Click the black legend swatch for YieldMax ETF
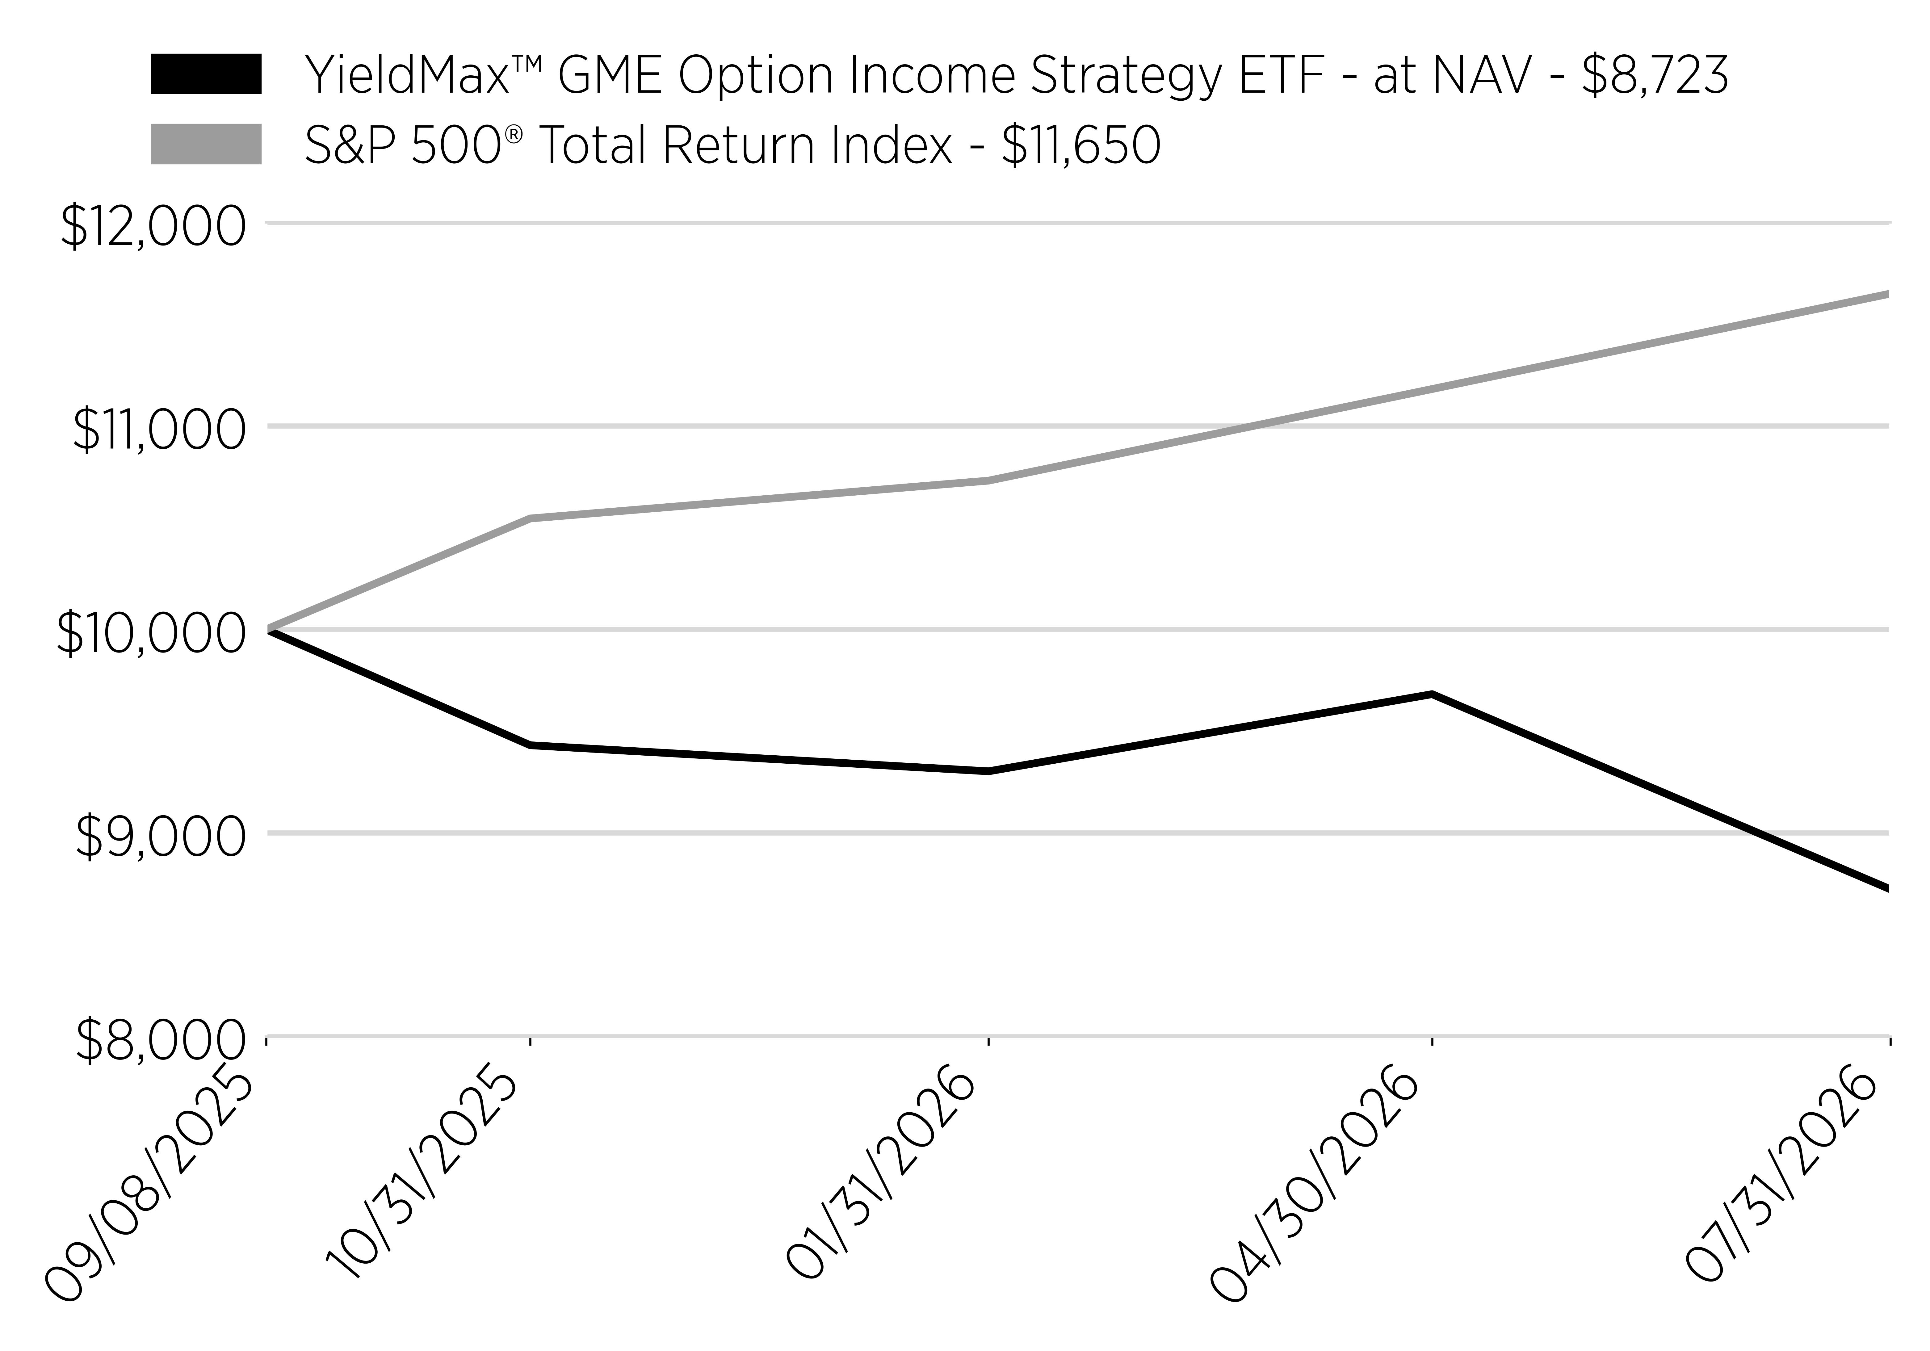click(206, 74)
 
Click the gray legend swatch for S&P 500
click(206, 144)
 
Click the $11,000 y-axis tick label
click(160, 430)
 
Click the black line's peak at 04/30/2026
click(1432, 694)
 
